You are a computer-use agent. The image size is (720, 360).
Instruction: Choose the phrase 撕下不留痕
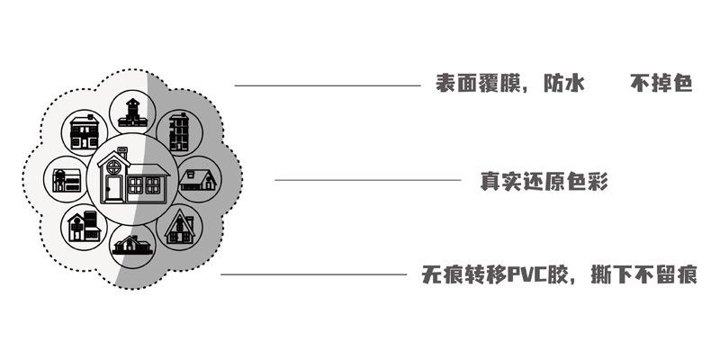click(646, 274)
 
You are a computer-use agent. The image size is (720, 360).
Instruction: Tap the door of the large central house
click(114, 188)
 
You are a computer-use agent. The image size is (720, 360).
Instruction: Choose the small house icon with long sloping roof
click(198, 178)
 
